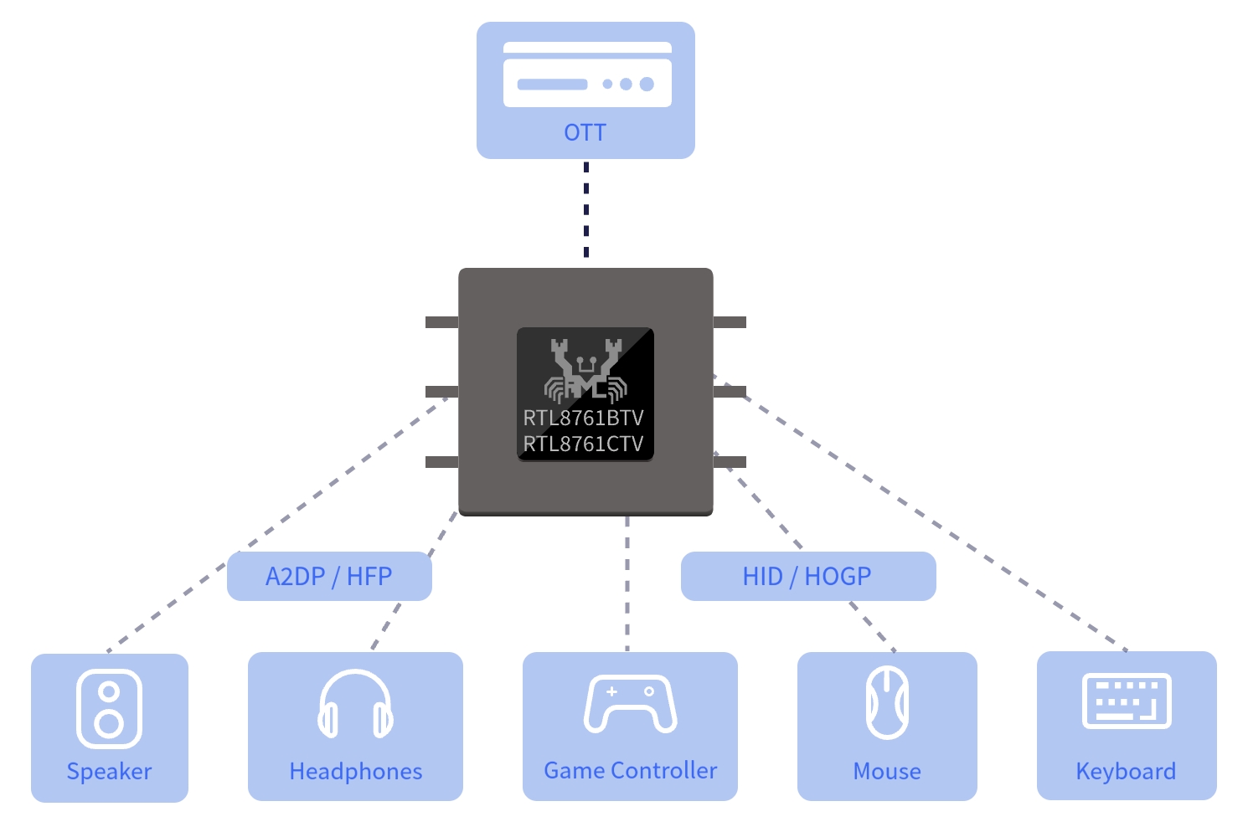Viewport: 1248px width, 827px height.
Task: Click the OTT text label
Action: tap(585, 132)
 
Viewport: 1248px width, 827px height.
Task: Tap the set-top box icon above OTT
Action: tap(587, 74)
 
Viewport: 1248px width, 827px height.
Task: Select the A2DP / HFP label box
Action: tap(329, 576)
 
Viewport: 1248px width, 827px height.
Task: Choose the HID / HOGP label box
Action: tap(808, 576)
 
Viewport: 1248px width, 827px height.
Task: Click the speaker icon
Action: tap(109, 708)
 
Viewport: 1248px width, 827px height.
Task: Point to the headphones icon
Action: tap(355, 704)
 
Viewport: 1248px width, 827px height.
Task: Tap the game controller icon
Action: tap(630, 704)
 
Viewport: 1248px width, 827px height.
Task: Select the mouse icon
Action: tap(888, 703)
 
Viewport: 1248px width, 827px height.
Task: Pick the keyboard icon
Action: tap(1127, 701)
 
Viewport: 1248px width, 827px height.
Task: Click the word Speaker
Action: tap(109, 772)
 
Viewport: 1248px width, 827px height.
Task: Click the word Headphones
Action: tap(356, 771)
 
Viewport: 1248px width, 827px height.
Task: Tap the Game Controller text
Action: tap(630, 771)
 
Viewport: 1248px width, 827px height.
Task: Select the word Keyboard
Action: tap(1126, 772)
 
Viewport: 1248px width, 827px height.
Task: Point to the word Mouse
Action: tap(887, 771)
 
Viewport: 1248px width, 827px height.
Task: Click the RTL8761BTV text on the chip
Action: tap(583, 418)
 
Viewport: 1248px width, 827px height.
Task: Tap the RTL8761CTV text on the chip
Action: tap(583, 444)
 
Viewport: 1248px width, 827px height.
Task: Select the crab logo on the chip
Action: tap(586, 370)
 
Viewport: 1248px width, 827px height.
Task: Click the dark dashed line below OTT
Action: tap(586, 210)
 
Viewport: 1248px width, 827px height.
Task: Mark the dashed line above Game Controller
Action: tap(627, 583)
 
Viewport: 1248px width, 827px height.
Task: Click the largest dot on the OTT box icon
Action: tap(647, 84)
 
